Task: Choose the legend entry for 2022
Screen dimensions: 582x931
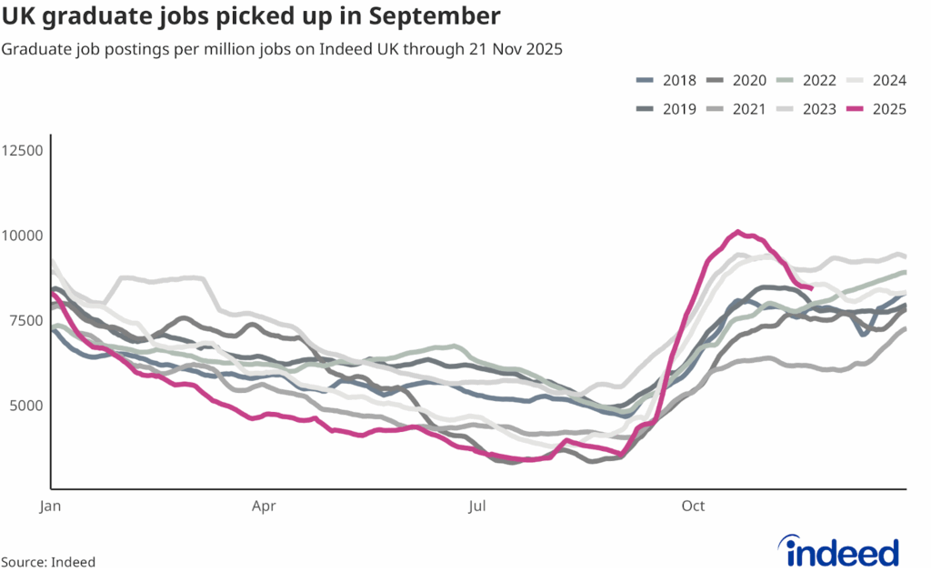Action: [819, 81]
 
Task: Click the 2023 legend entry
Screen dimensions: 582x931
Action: [819, 109]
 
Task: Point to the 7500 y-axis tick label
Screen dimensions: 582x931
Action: [25, 320]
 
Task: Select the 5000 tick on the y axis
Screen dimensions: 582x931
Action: [25, 405]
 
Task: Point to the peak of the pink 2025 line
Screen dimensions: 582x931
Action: [738, 232]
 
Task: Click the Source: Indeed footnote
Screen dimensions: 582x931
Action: [48, 562]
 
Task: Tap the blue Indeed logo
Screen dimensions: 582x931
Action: [842, 551]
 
